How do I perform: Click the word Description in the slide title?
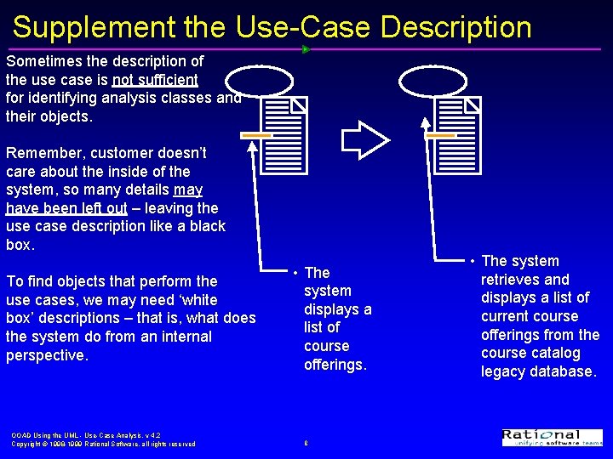coord(455,27)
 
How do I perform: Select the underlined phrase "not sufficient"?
coord(155,80)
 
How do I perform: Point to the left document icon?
coord(284,135)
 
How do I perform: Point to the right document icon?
coord(457,135)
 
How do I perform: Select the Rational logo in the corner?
coord(552,437)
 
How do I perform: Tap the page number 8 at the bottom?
coord(306,443)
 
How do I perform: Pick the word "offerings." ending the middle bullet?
coord(335,365)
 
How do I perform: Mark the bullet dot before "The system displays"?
coord(294,273)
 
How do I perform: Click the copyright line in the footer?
coord(103,444)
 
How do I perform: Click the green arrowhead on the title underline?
coord(306,49)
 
